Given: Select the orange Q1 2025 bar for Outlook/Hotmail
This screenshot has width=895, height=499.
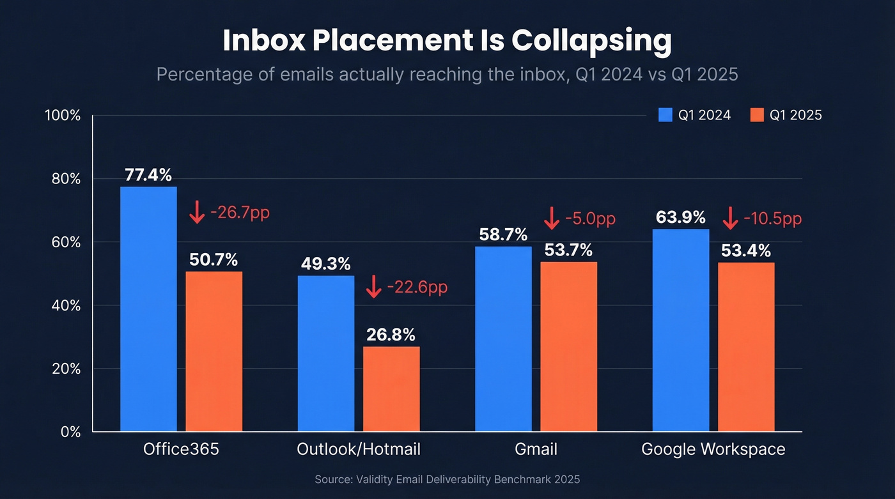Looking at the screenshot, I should point(391,389).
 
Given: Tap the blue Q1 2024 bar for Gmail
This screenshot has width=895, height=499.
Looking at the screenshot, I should point(503,339).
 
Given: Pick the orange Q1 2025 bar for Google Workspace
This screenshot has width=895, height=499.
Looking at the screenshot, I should point(746,347).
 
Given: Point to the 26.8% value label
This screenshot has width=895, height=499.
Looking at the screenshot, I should point(391,335).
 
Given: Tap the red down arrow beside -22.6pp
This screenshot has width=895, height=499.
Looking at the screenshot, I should point(373,287).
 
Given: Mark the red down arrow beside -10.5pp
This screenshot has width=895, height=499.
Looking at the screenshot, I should point(730,219).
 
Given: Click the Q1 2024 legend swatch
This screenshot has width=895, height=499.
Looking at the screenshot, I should point(665,115).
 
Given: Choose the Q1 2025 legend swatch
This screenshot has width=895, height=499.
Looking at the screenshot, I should point(757,115).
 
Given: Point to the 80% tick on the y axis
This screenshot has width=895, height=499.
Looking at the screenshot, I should point(67,179).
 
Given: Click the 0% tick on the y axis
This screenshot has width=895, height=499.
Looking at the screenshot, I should point(71,432).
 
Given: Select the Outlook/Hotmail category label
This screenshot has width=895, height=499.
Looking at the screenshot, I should point(359,449).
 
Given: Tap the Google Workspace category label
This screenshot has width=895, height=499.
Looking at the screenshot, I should point(713,449).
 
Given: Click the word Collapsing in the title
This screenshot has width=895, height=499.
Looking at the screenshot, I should point(591,41).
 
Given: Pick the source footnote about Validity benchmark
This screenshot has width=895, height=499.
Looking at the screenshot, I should point(447,479).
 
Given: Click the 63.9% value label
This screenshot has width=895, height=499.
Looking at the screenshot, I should point(680,218).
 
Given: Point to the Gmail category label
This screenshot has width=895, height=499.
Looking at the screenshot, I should point(536,449).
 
